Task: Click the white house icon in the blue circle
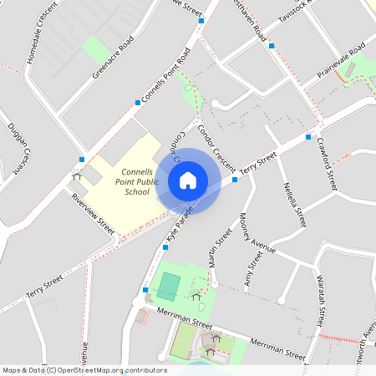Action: click(187, 180)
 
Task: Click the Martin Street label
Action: click(220, 249)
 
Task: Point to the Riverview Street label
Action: click(92, 212)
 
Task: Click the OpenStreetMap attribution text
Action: click(84, 369)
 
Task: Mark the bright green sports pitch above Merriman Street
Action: click(168, 287)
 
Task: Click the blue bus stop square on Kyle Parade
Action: click(145, 290)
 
